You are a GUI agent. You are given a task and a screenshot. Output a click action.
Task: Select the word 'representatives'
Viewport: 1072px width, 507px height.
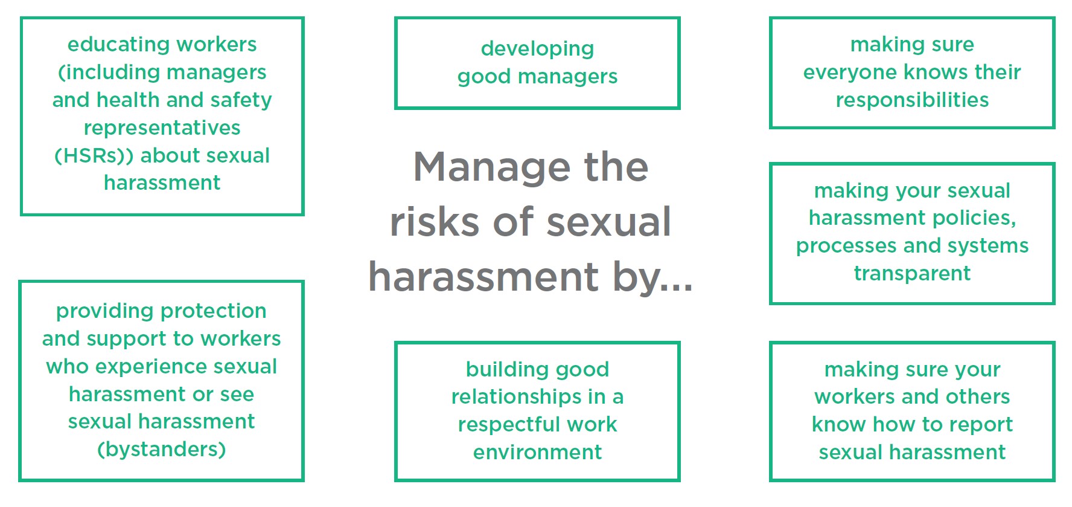162,129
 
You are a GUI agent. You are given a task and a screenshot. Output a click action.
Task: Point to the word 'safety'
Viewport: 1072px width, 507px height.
241,100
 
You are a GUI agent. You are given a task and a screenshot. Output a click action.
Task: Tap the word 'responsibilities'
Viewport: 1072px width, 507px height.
912,100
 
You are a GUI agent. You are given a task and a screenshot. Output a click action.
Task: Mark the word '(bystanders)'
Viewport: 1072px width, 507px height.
162,450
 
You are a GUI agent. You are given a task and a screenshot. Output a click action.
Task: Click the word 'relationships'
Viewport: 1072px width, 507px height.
516,397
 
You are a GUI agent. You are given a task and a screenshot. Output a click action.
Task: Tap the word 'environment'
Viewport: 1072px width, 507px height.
537,453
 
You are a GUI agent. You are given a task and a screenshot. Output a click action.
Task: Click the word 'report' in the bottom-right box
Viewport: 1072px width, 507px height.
981,425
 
